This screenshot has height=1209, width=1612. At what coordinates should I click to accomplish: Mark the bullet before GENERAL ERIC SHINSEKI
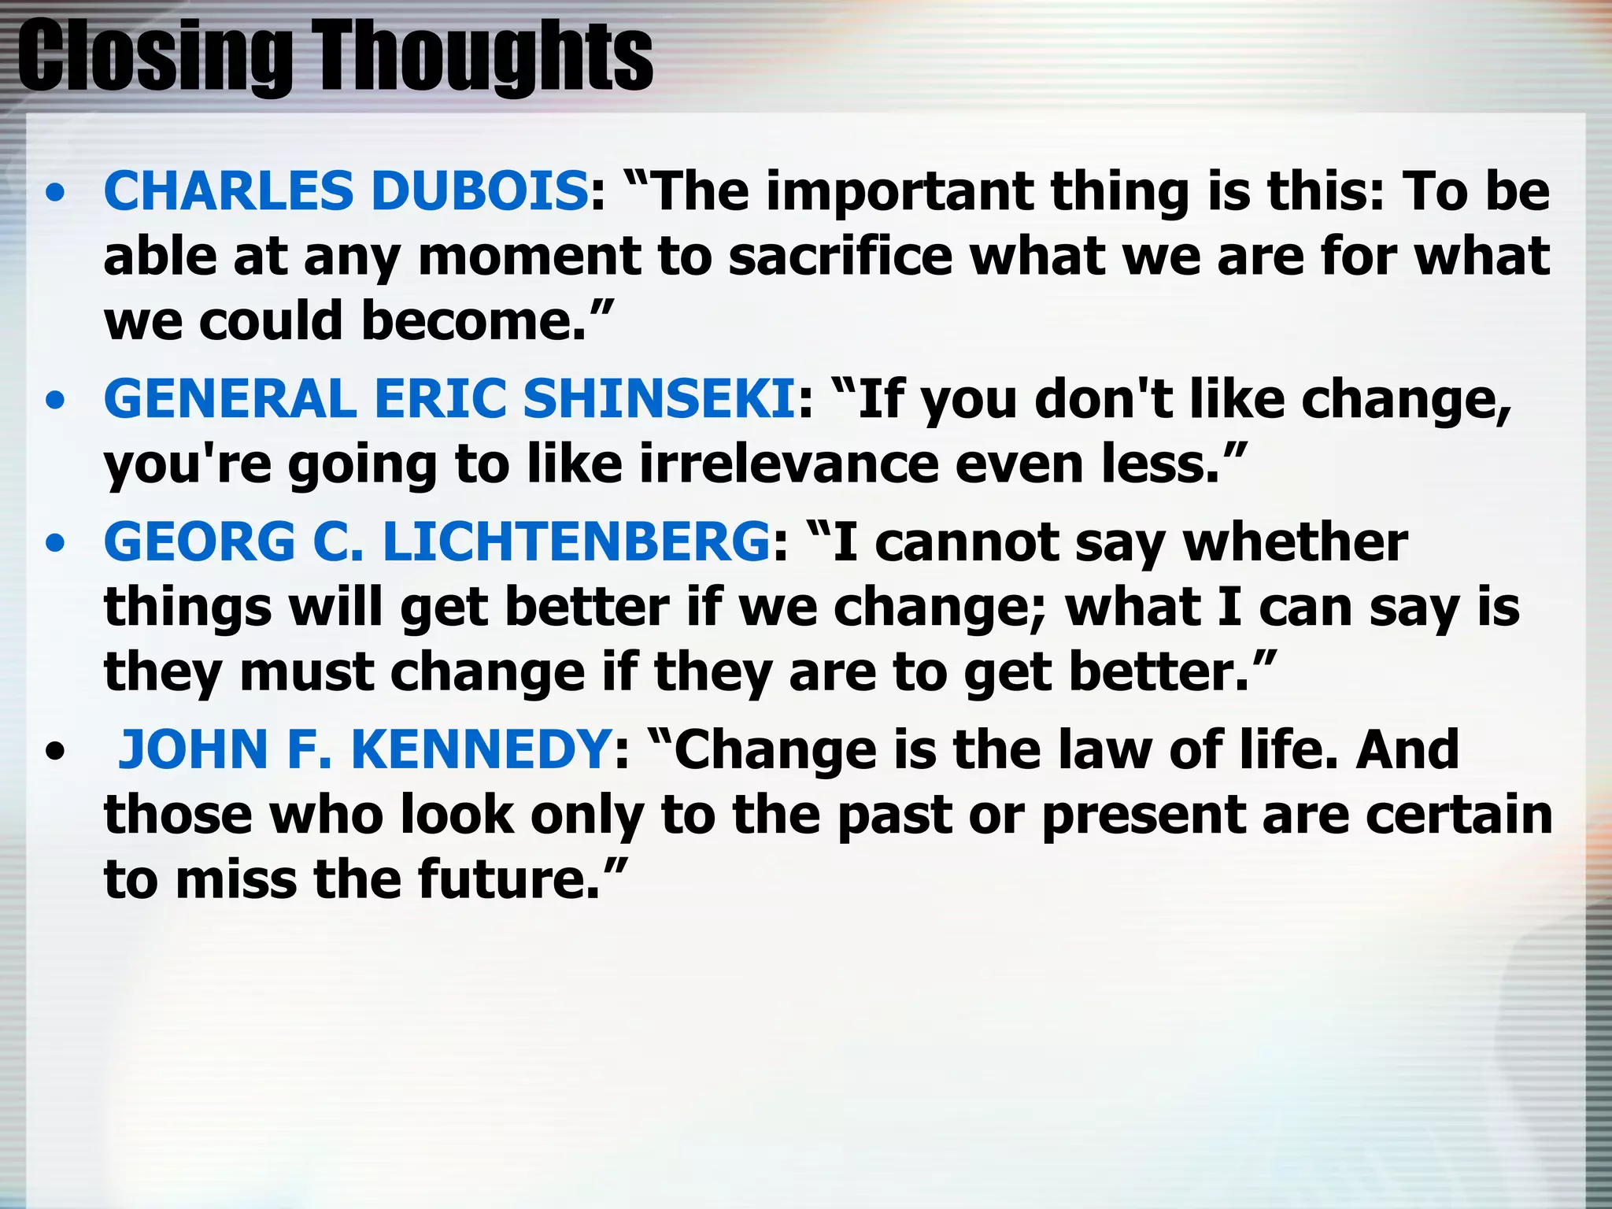(55, 401)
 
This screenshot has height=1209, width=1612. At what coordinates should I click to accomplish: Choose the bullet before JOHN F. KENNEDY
(55, 752)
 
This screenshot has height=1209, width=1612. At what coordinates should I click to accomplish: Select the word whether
(1296, 542)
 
